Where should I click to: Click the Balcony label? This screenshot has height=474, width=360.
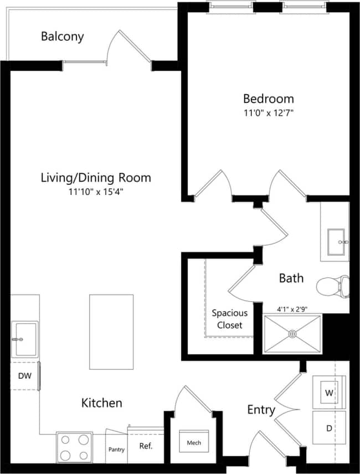62,37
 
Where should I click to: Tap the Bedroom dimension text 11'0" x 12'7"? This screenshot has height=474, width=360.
269,114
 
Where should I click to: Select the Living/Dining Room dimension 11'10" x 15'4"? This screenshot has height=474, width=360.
95,192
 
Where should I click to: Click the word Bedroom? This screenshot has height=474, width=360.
269,99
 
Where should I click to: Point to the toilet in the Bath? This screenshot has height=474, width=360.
333,286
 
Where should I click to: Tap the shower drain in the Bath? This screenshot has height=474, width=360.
292,334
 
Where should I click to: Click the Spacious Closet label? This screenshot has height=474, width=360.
229,319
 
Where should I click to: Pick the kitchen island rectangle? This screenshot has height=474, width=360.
111,331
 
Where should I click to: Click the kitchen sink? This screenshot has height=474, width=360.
25,339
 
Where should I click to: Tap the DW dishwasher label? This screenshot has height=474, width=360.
24,375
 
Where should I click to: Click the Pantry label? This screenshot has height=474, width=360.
116,450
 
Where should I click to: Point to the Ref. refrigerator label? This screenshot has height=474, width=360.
146,446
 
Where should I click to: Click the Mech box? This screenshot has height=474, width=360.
194,442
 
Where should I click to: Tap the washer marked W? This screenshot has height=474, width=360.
329,393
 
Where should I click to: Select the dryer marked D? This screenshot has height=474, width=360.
329,428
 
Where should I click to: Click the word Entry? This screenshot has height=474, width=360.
261,410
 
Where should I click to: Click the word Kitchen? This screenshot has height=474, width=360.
102,403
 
